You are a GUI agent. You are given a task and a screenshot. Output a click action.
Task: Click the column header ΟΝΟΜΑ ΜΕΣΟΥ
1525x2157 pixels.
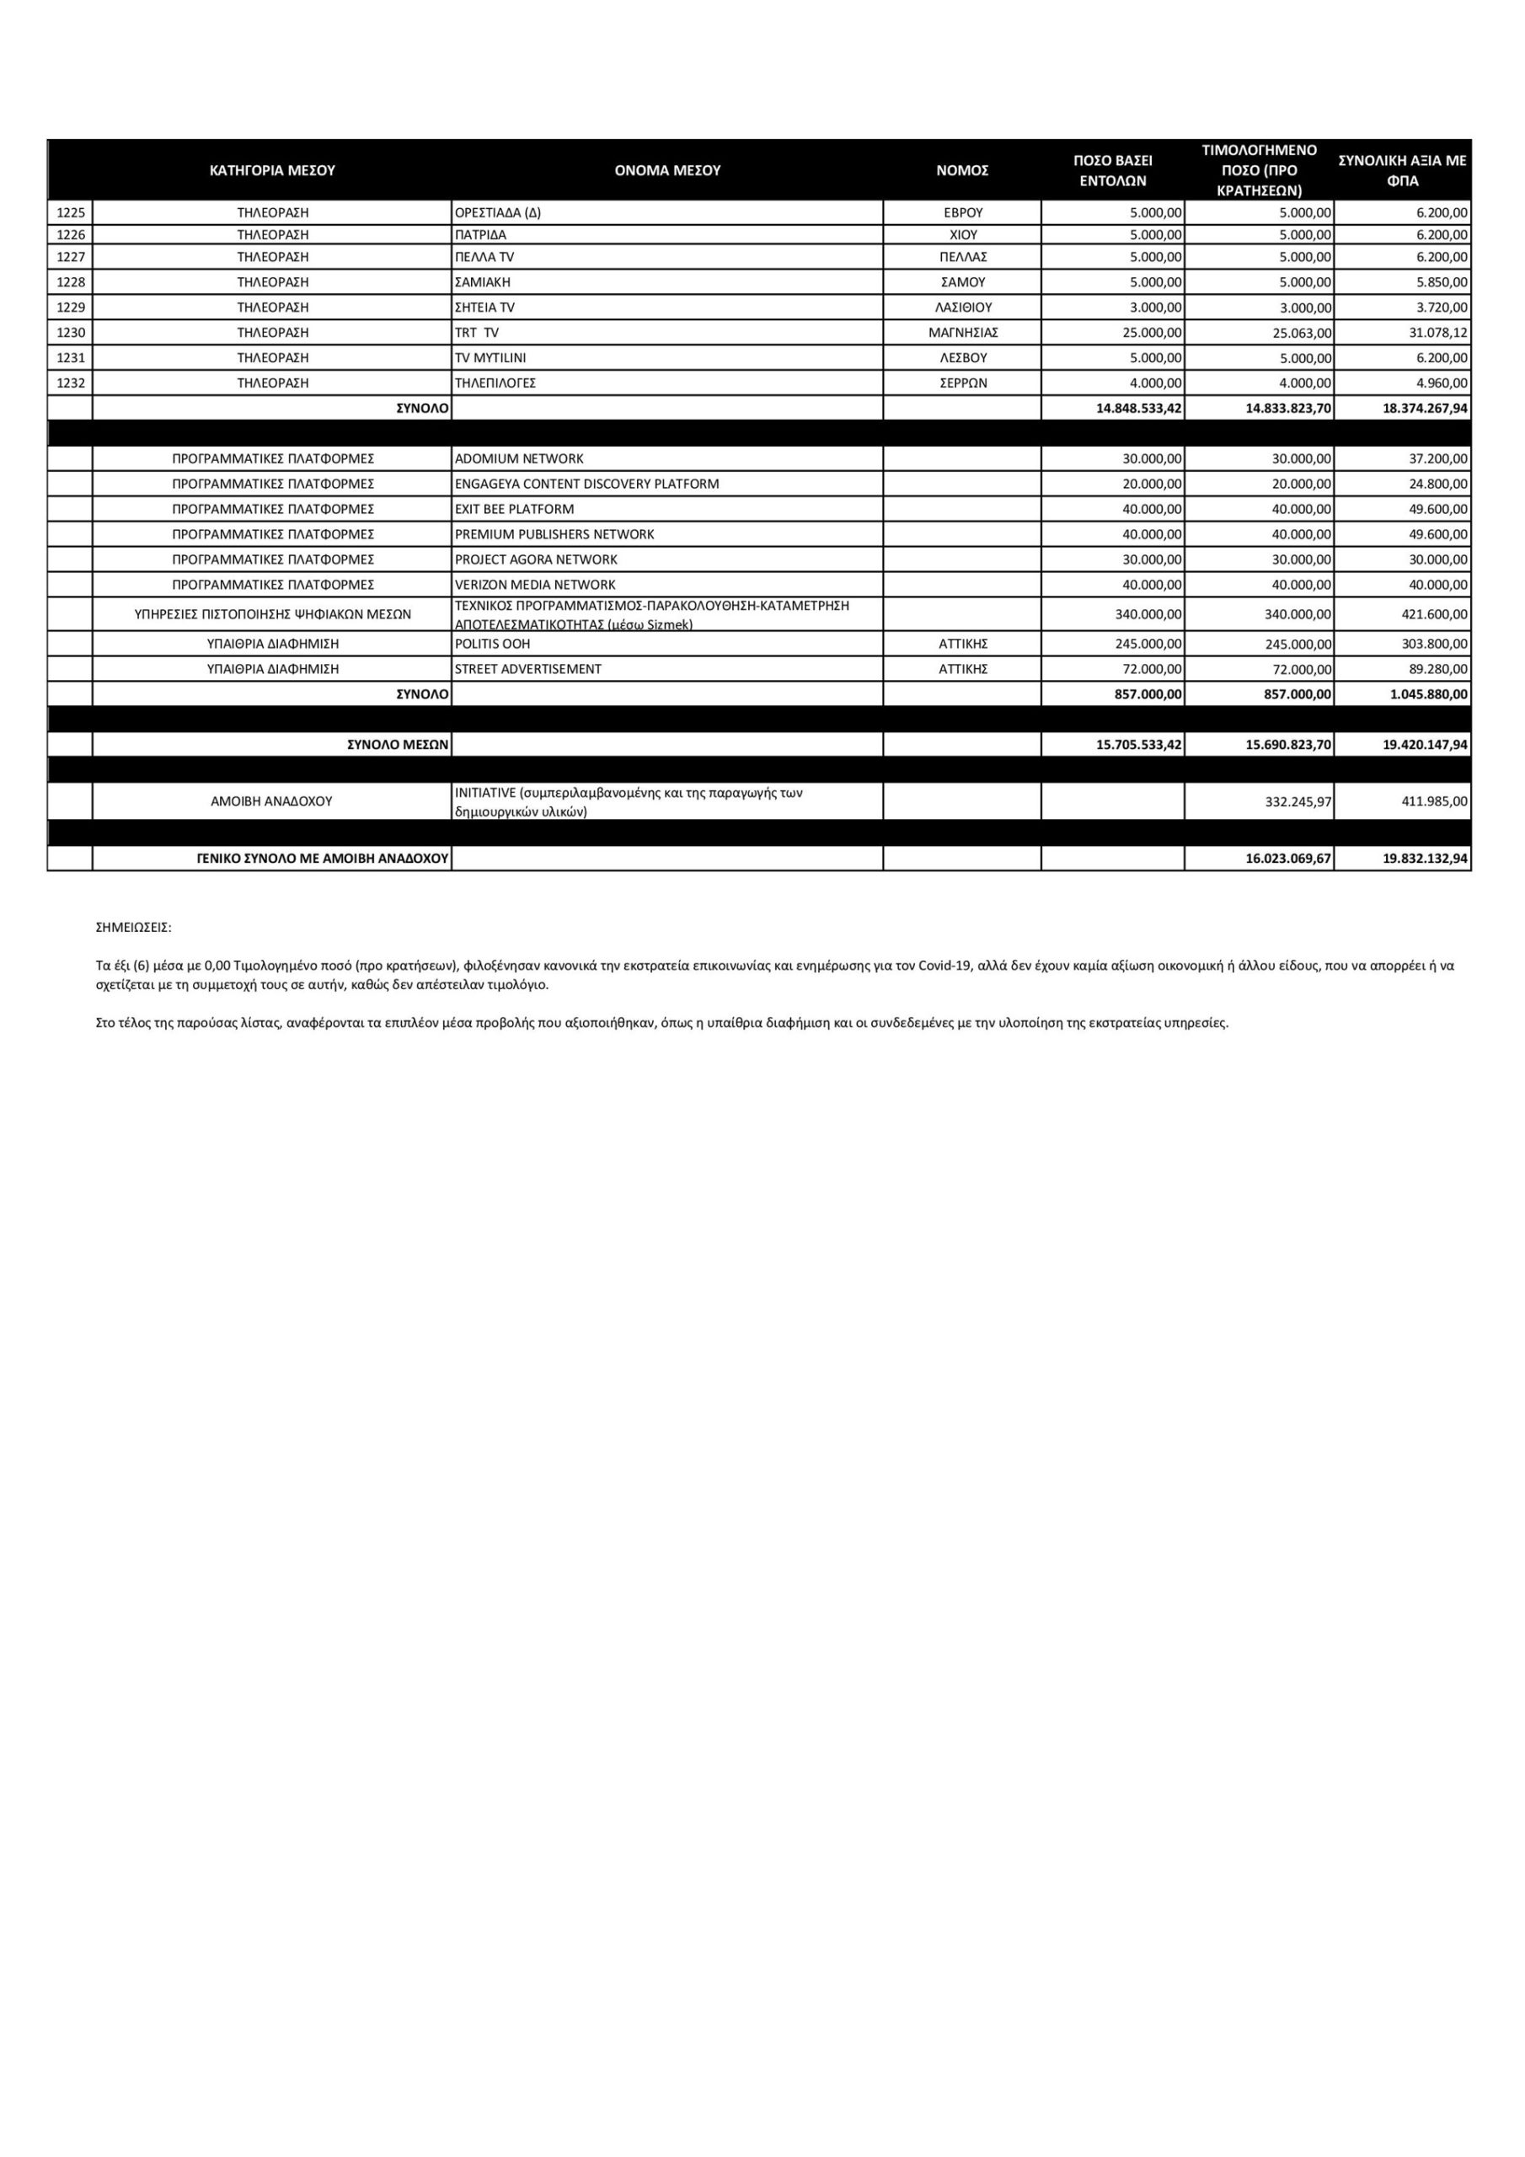point(667,170)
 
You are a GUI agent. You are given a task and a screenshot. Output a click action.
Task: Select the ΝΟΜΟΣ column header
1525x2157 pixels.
point(962,170)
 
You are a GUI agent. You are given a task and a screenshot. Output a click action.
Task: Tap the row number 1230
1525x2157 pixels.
point(71,333)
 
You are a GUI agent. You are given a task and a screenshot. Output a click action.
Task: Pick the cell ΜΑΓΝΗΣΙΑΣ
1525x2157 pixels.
point(962,333)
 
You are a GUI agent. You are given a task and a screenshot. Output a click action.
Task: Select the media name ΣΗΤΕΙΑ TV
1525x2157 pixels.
point(484,308)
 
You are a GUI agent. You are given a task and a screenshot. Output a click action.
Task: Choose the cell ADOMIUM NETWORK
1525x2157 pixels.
point(519,458)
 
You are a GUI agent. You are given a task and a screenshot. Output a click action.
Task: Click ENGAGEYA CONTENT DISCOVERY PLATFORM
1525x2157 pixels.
point(586,484)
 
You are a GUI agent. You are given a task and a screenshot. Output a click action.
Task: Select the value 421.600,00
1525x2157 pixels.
point(1435,614)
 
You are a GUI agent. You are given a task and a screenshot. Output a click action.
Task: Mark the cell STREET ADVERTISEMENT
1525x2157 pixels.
point(528,669)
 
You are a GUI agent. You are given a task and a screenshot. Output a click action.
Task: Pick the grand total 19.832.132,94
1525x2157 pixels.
point(1425,859)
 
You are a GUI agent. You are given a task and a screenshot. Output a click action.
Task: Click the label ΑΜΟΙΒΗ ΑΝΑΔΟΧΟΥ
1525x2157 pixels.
point(271,801)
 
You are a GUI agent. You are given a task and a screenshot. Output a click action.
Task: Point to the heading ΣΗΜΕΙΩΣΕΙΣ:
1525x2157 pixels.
point(133,927)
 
